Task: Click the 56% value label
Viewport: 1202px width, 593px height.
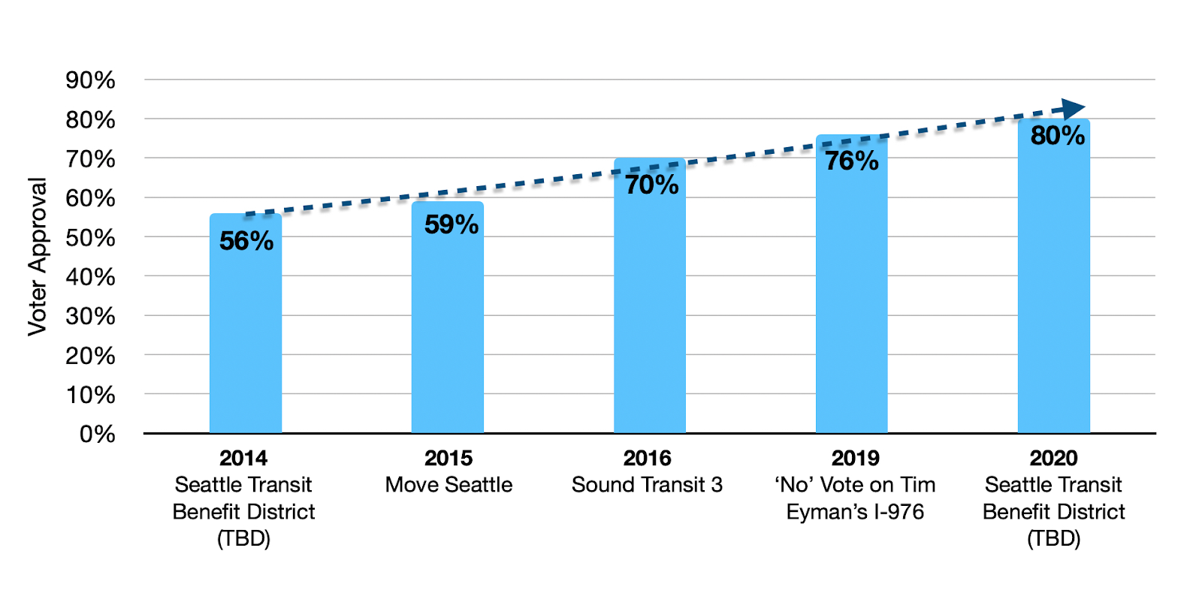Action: click(x=246, y=241)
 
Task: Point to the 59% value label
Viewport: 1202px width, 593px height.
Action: click(x=451, y=224)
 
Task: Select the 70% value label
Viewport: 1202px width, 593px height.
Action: click(x=651, y=185)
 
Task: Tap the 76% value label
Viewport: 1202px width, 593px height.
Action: click(x=851, y=161)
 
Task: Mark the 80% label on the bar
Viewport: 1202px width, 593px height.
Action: click(x=1057, y=136)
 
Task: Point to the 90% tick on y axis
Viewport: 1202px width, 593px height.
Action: click(x=90, y=80)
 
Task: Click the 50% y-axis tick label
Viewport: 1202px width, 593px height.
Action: click(x=90, y=238)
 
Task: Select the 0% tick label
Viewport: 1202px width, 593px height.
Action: click(x=97, y=434)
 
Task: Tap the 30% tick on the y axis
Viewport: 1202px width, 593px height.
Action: click(x=90, y=316)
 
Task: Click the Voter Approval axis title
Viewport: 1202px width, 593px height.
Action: click(x=38, y=257)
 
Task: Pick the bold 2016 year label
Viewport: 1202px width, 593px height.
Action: click(x=647, y=458)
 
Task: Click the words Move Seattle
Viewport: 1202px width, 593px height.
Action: click(x=448, y=485)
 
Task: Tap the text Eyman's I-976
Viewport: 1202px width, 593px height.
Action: click(x=855, y=512)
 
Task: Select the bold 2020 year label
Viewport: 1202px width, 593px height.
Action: click(x=1053, y=458)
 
